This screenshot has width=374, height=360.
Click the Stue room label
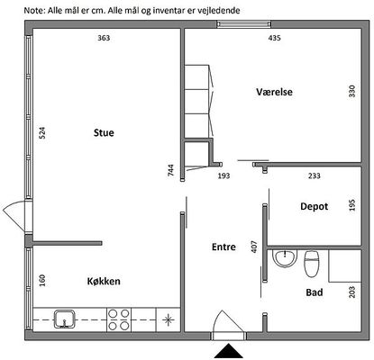click(x=104, y=132)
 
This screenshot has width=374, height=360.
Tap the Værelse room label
click(x=274, y=92)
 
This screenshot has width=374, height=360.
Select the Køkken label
click(x=104, y=281)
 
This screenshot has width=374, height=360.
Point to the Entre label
click(x=223, y=247)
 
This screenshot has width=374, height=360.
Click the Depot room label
click(x=315, y=206)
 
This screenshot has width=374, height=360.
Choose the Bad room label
click(x=315, y=292)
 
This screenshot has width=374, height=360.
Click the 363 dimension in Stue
click(x=104, y=38)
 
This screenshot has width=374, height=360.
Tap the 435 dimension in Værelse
click(x=274, y=38)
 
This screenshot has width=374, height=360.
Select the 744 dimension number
click(x=170, y=170)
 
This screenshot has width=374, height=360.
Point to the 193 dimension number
click(x=223, y=175)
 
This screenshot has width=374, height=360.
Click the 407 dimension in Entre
click(x=254, y=247)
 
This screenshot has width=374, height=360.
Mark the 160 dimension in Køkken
click(x=42, y=281)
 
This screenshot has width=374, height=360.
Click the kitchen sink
click(x=64, y=319)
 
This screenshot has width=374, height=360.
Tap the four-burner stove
click(x=119, y=319)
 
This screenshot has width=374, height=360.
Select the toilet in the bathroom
click(x=312, y=264)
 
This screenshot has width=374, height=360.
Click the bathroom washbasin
click(x=285, y=258)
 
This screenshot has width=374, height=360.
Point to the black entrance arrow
click(x=229, y=351)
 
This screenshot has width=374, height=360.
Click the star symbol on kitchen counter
click(x=169, y=319)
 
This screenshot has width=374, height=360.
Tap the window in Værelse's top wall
click(x=244, y=24)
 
